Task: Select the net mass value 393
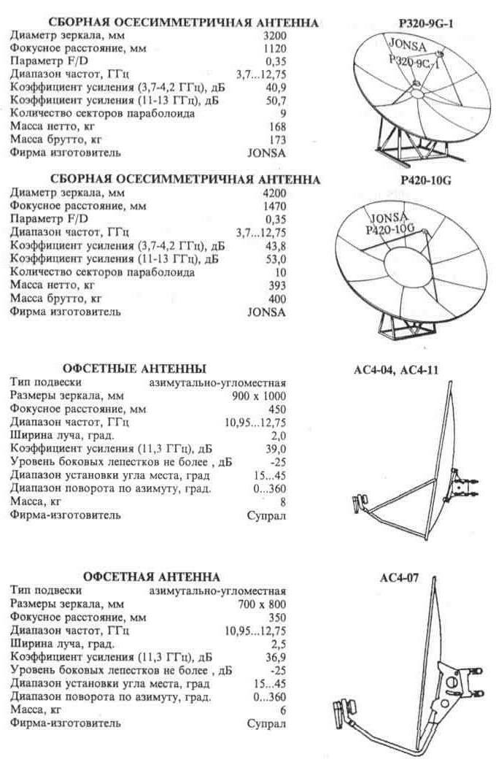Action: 276,285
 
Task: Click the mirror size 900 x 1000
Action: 257,396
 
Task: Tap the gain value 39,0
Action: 275,449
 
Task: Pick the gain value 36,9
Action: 275,657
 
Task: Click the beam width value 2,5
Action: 279,644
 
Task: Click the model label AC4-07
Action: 398,577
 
